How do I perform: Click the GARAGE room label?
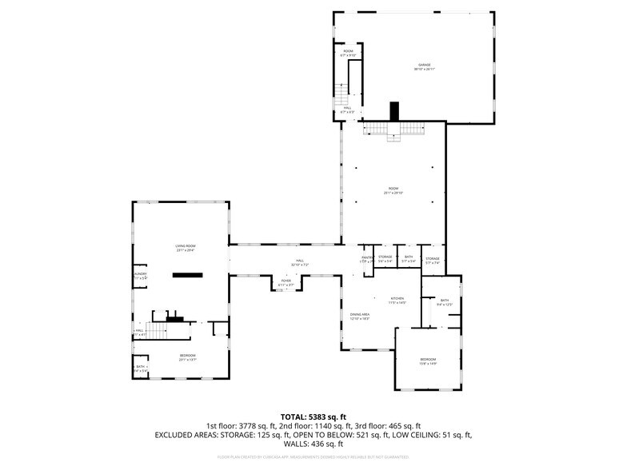point(423,66)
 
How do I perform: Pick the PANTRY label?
point(366,258)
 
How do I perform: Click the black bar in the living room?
point(190,274)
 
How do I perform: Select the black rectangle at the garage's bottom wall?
point(393,111)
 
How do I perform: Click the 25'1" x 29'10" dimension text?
point(393,193)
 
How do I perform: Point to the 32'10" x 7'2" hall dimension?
point(300,265)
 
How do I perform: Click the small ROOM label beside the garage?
point(348,54)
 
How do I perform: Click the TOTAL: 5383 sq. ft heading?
point(313,416)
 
